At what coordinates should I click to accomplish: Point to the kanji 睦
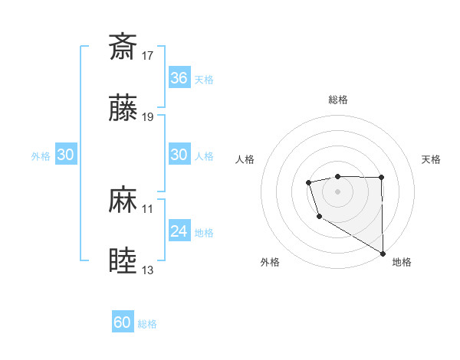click(x=123, y=261)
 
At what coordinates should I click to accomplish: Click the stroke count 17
click(x=149, y=55)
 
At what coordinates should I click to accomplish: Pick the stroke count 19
click(x=149, y=117)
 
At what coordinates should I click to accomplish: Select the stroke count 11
click(x=148, y=208)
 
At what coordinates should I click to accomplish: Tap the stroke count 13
click(x=149, y=270)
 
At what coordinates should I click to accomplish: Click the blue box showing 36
click(x=179, y=78)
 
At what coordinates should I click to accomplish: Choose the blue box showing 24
click(x=179, y=231)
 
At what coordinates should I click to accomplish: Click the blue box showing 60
click(x=123, y=323)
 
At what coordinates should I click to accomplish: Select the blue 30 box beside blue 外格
click(x=66, y=155)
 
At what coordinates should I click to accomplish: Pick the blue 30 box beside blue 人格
click(x=179, y=155)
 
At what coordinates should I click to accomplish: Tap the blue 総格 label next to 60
click(x=148, y=324)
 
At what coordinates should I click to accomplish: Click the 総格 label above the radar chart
click(x=338, y=100)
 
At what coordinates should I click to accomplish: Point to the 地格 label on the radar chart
click(x=402, y=262)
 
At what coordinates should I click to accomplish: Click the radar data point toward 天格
click(x=381, y=178)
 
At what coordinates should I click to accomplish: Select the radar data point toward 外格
click(x=318, y=218)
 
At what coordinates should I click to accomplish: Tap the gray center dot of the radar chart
click(x=338, y=190)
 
